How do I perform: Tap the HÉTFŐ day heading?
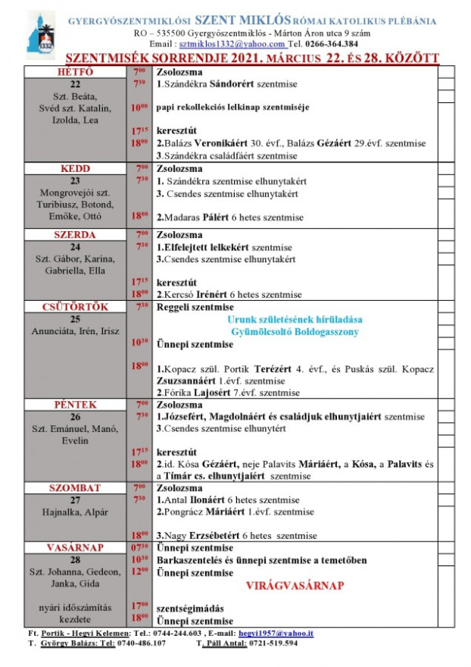[76, 71]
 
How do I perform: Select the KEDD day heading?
[76, 168]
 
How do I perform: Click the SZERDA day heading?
[76, 235]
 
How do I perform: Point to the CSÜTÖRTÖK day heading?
[76, 307]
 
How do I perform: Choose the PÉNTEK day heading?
[76, 406]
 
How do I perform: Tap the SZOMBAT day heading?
[76, 487]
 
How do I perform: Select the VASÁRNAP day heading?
[76, 547]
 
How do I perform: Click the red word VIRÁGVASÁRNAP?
[295, 586]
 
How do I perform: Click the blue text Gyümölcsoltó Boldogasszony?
[295, 331]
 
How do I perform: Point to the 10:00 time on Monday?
[139, 108]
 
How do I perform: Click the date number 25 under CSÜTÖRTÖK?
[75, 319]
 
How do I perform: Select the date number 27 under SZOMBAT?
[75, 499]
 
